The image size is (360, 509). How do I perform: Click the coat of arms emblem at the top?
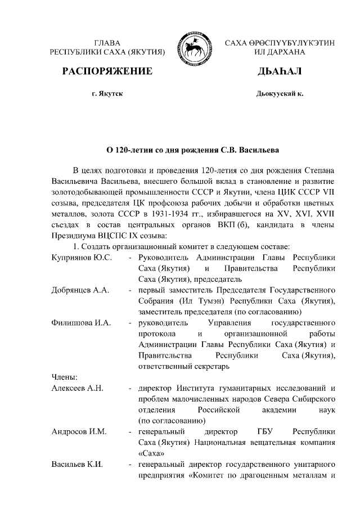pos(193,47)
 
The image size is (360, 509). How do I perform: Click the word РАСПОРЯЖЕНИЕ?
pos(107,71)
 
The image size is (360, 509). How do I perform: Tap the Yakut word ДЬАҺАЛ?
pos(280,71)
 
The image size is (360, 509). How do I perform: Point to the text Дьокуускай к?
pos(280,93)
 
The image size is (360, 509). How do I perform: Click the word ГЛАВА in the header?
pos(107,42)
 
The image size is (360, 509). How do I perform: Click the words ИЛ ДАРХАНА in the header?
pos(280,52)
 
